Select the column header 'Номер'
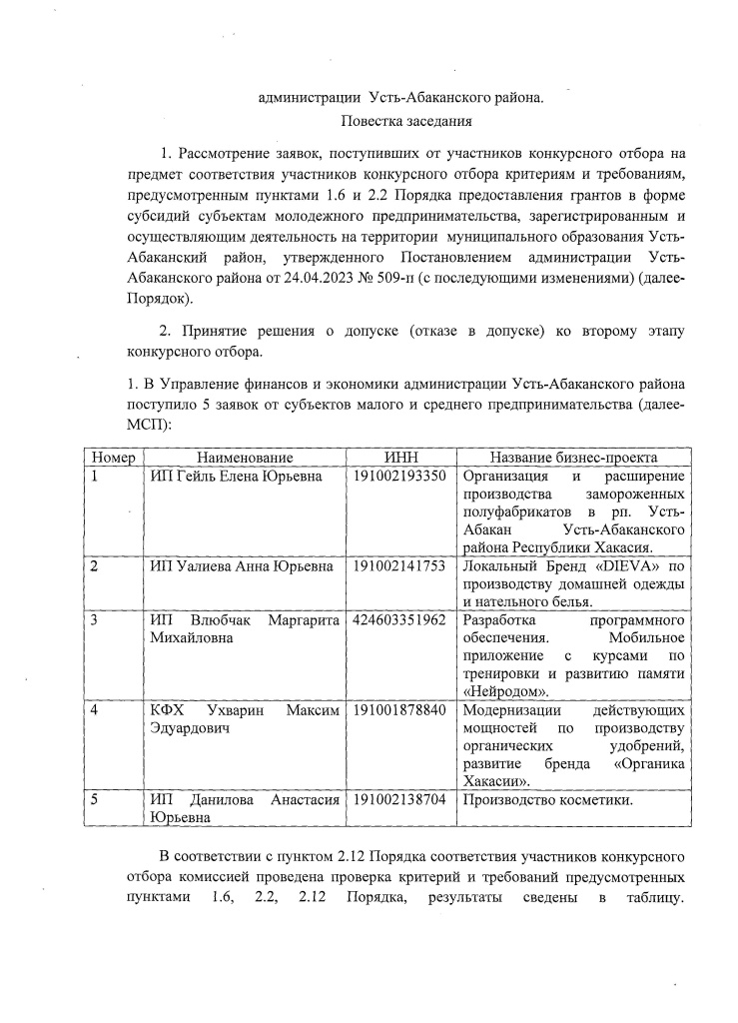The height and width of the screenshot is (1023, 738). click(x=113, y=457)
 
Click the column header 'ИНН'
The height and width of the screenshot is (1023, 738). click(x=399, y=457)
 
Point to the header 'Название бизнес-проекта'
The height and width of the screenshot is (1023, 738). click(x=574, y=457)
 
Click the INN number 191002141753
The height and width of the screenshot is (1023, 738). click(x=399, y=565)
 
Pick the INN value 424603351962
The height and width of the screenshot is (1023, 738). click(x=399, y=619)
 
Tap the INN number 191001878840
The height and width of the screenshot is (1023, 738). click(x=399, y=710)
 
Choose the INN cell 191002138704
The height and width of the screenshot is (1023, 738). click(x=399, y=800)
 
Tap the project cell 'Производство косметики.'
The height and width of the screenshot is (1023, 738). click(x=549, y=800)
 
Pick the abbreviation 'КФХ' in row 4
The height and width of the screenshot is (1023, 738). click(x=166, y=710)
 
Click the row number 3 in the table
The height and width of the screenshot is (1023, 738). click(x=94, y=619)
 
